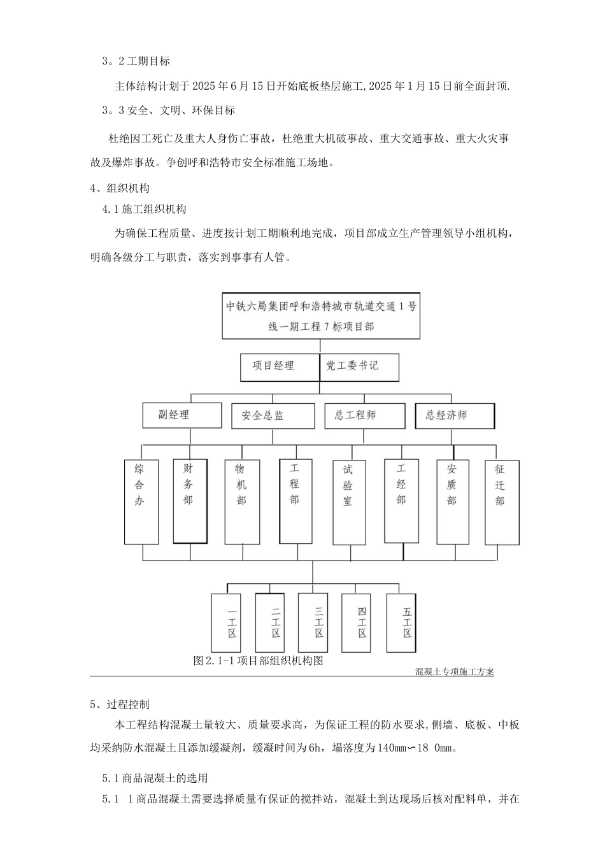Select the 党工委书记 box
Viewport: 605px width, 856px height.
click(x=359, y=367)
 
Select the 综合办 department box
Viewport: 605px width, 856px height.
click(x=141, y=501)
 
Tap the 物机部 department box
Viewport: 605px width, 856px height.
click(x=242, y=501)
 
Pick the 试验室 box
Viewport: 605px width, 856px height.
click(x=349, y=502)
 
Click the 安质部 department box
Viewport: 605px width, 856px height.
click(x=453, y=501)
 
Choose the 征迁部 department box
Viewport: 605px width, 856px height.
click(x=502, y=501)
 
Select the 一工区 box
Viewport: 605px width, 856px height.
click(x=229, y=622)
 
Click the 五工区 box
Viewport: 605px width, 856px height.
click(x=406, y=622)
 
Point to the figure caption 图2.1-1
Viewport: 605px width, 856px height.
click(x=258, y=660)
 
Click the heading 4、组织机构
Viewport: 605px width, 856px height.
click(x=120, y=188)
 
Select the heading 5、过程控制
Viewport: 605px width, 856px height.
click(x=120, y=704)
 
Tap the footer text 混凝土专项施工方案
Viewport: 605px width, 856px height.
click(x=454, y=671)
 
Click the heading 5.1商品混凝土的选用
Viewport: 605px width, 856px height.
click(x=155, y=778)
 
